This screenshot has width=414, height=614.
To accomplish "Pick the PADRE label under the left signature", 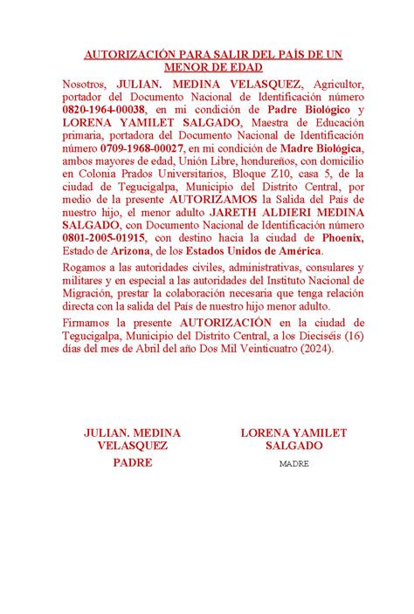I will [x=132, y=463].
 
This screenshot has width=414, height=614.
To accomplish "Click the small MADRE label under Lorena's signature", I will [x=293, y=464].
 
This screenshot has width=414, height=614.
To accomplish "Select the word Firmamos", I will [x=91, y=323].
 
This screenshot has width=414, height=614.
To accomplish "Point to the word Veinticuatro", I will [x=257, y=348].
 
